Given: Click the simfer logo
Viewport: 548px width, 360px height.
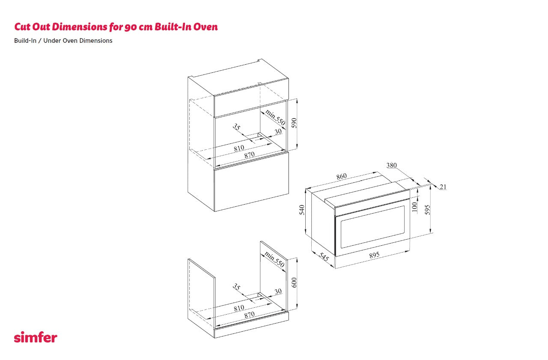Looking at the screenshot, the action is coord(36,337).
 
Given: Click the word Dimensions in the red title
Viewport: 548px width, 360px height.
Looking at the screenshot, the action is coord(80,27).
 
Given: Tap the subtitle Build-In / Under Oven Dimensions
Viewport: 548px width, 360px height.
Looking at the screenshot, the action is coord(63,41).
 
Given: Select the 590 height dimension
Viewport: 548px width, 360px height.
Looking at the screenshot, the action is coord(294,123).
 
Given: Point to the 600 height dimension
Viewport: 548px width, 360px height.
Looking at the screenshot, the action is coord(294,283).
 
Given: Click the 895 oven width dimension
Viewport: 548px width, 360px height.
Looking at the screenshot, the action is coord(374,255).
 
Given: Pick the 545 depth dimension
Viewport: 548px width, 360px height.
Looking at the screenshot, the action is coord(324,256).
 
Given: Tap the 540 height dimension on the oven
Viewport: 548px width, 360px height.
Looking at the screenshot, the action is coord(302,210).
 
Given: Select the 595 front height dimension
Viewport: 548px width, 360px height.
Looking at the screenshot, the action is coord(427,210).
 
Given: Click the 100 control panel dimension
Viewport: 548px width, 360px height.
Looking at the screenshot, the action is coord(414,207).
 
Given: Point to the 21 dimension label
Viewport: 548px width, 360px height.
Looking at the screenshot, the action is coord(443,187).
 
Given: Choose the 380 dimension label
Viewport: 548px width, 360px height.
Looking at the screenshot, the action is coord(391,165).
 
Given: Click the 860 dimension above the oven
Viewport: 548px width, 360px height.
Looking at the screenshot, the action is coord(342,176).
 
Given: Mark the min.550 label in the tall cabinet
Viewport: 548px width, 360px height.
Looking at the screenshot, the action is coord(275,117).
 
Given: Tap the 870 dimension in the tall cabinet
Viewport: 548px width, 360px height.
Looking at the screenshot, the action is coord(250,155).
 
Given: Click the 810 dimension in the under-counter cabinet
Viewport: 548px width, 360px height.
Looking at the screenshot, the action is coord(239,308).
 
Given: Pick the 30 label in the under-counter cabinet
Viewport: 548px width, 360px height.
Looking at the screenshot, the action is coord(278,292).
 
